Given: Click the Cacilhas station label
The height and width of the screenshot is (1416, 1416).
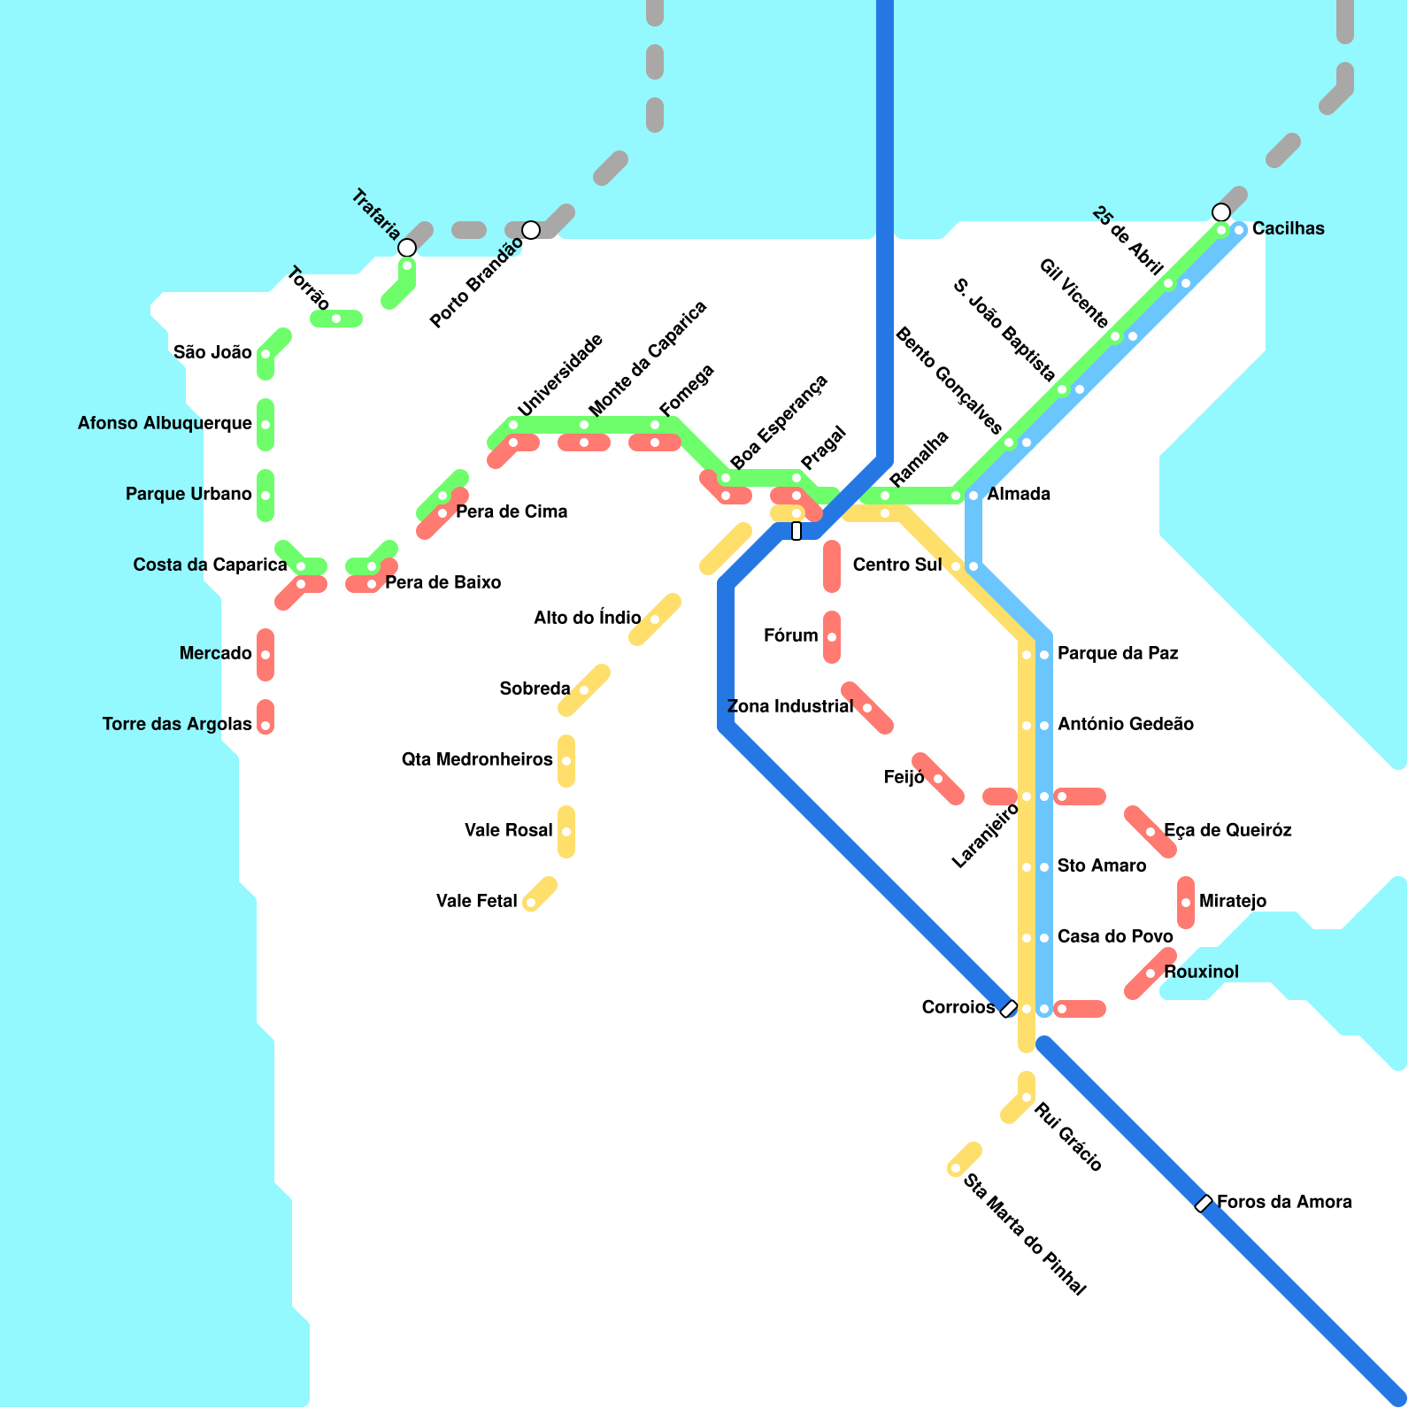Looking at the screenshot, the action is tap(1288, 229).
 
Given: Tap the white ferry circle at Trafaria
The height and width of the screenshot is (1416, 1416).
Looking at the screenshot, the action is tap(407, 248).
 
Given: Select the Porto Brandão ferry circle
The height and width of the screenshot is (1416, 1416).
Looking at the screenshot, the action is tap(531, 230).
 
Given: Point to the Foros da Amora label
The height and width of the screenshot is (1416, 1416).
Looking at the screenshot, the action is tap(1283, 1203).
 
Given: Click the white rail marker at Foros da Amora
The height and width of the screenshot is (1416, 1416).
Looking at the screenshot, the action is tap(1204, 1204).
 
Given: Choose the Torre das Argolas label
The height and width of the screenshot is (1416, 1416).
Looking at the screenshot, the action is tap(177, 725).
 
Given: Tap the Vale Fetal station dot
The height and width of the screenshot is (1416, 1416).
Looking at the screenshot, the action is tap(530, 903).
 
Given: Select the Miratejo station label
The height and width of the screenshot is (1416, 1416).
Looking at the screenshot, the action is tap(1233, 902).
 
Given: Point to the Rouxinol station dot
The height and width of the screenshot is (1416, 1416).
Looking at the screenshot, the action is tap(1150, 973).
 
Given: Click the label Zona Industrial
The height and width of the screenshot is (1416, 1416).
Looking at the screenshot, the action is tap(789, 707).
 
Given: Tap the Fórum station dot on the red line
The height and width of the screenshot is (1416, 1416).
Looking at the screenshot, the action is tap(832, 637).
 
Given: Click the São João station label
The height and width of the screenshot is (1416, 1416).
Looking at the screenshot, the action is tap(212, 353).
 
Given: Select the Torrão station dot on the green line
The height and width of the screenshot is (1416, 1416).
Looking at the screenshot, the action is tap(336, 319).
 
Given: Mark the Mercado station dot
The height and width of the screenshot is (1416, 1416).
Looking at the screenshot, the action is tap(265, 655).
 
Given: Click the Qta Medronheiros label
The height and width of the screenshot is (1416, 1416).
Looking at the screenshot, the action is tap(477, 760).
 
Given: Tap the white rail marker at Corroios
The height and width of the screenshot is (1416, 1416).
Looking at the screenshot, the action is tap(1008, 1009).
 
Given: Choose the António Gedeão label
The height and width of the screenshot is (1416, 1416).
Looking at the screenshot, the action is tap(1125, 725).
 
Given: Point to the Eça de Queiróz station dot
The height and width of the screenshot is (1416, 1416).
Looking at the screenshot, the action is tap(1150, 832).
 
